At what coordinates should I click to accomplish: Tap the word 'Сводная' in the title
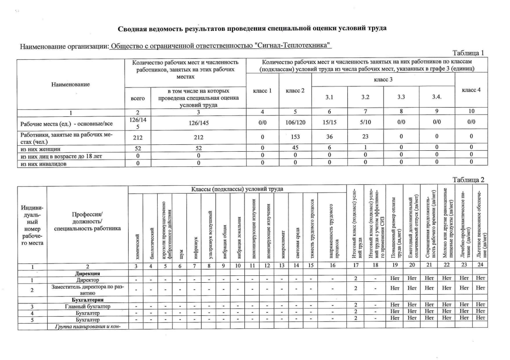click(x=133, y=29)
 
